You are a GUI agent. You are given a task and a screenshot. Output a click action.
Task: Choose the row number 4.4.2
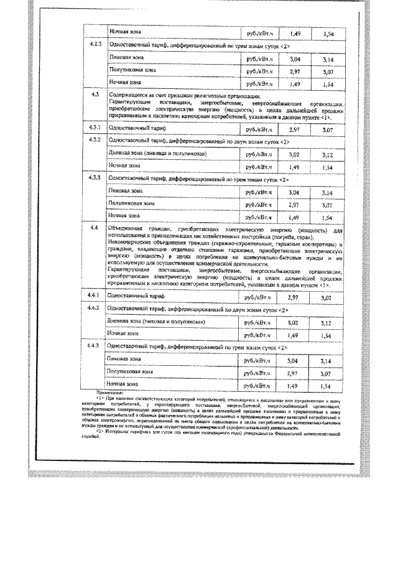tap(93, 309)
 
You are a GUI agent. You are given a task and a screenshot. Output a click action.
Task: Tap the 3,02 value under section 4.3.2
tap(295, 154)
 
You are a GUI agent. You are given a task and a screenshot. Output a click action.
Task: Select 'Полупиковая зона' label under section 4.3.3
tap(131, 204)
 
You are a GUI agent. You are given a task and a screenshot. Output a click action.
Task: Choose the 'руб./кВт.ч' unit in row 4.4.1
tap(259, 297)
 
